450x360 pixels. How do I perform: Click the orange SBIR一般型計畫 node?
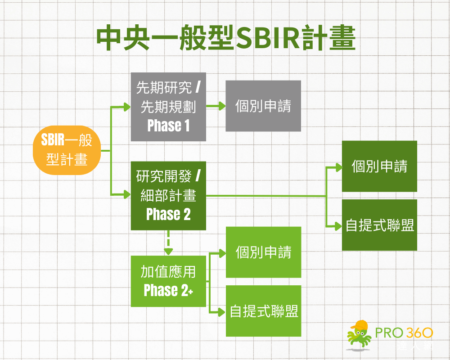67,150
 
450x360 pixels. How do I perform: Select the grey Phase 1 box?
168,107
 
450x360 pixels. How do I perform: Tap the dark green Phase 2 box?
168,196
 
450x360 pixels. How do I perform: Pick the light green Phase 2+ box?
168,281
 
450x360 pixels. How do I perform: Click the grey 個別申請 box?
263,106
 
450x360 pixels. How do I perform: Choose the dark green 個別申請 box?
379,166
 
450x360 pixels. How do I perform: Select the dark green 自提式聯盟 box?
379,225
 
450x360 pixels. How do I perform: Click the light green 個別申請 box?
263,252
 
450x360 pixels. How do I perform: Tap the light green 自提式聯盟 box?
263,311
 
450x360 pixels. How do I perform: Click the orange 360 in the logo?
420,333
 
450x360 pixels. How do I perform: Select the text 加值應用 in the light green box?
168,272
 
